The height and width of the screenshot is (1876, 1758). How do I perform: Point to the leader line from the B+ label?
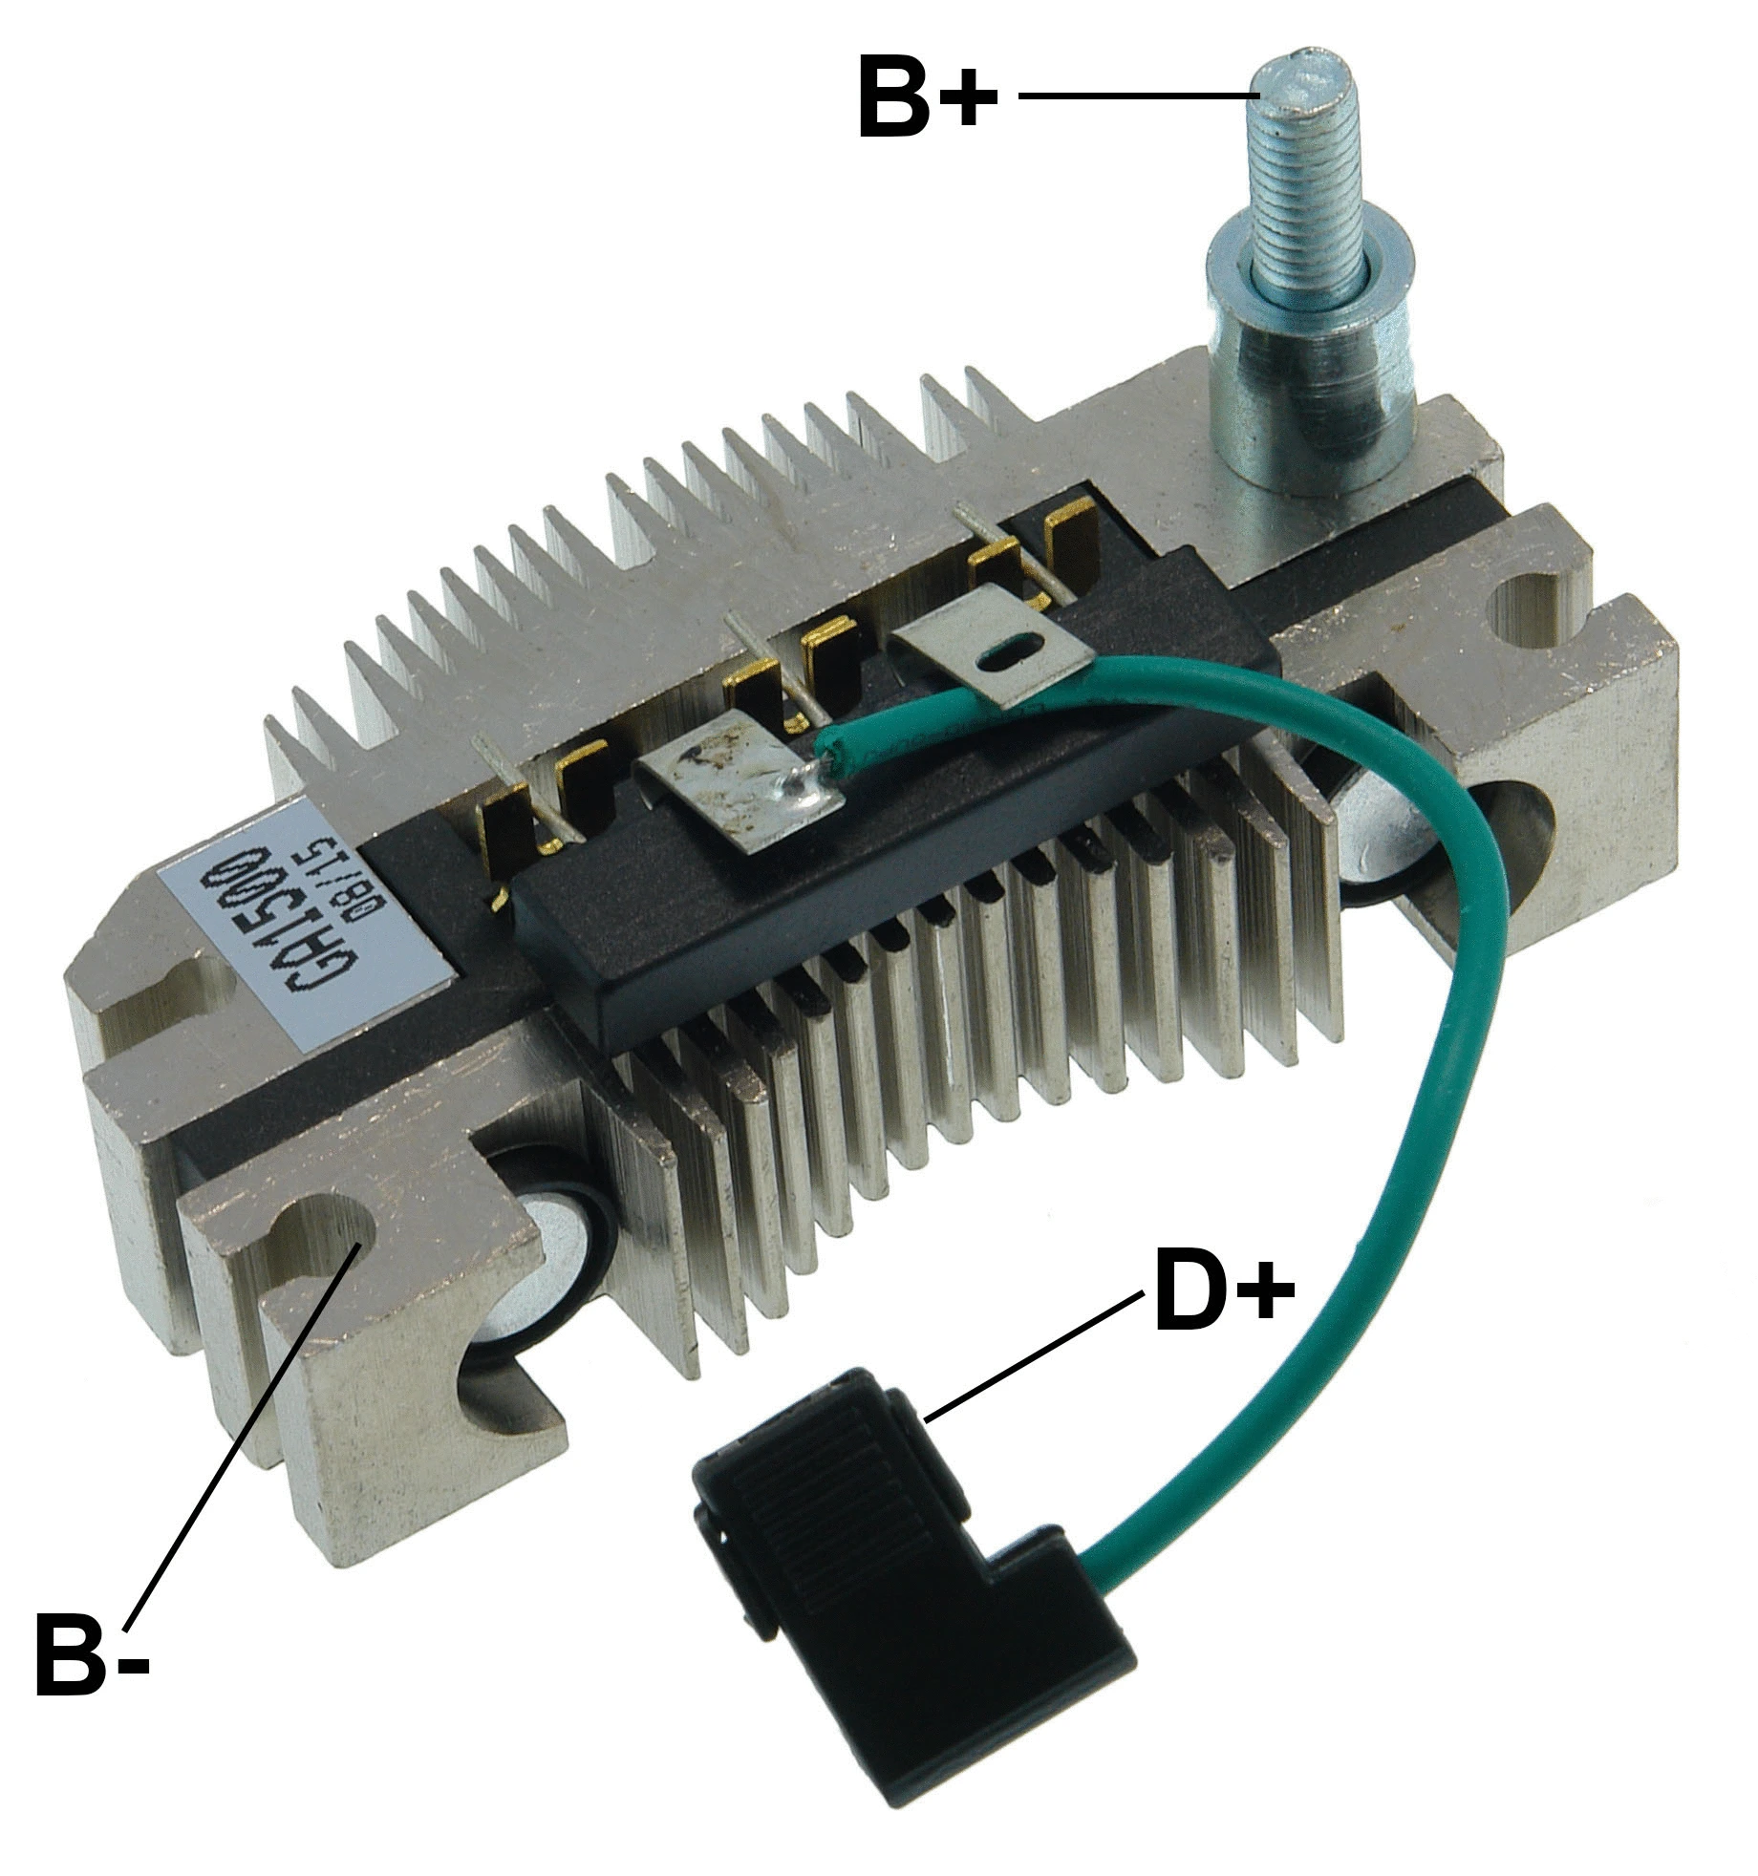(1137, 96)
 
